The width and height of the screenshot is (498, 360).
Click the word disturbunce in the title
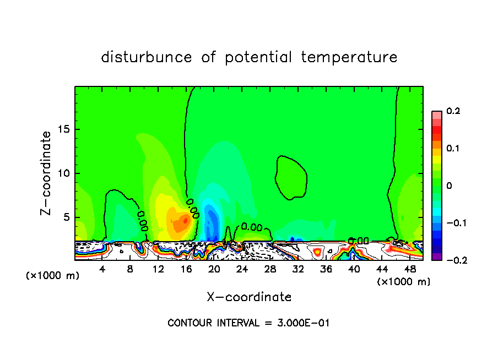click(x=147, y=57)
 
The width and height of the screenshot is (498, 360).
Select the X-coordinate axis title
click(x=249, y=297)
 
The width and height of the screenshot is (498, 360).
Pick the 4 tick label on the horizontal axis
click(x=102, y=269)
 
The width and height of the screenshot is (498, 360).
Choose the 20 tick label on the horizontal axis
click(x=214, y=269)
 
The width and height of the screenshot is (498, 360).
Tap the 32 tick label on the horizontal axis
click(x=298, y=269)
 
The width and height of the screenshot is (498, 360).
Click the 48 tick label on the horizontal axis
click(x=410, y=269)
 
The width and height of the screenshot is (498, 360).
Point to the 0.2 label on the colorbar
click(x=453, y=111)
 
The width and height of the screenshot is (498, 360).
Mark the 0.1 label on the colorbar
click(x=453, y=149)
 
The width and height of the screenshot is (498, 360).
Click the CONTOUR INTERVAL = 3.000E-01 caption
click(x=248, y=323)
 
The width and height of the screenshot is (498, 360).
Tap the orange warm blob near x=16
click(x=179, y=223)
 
